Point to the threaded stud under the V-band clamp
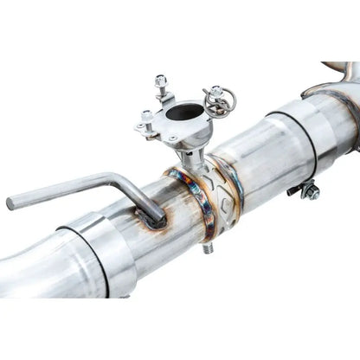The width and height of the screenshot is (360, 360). point(209,248)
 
